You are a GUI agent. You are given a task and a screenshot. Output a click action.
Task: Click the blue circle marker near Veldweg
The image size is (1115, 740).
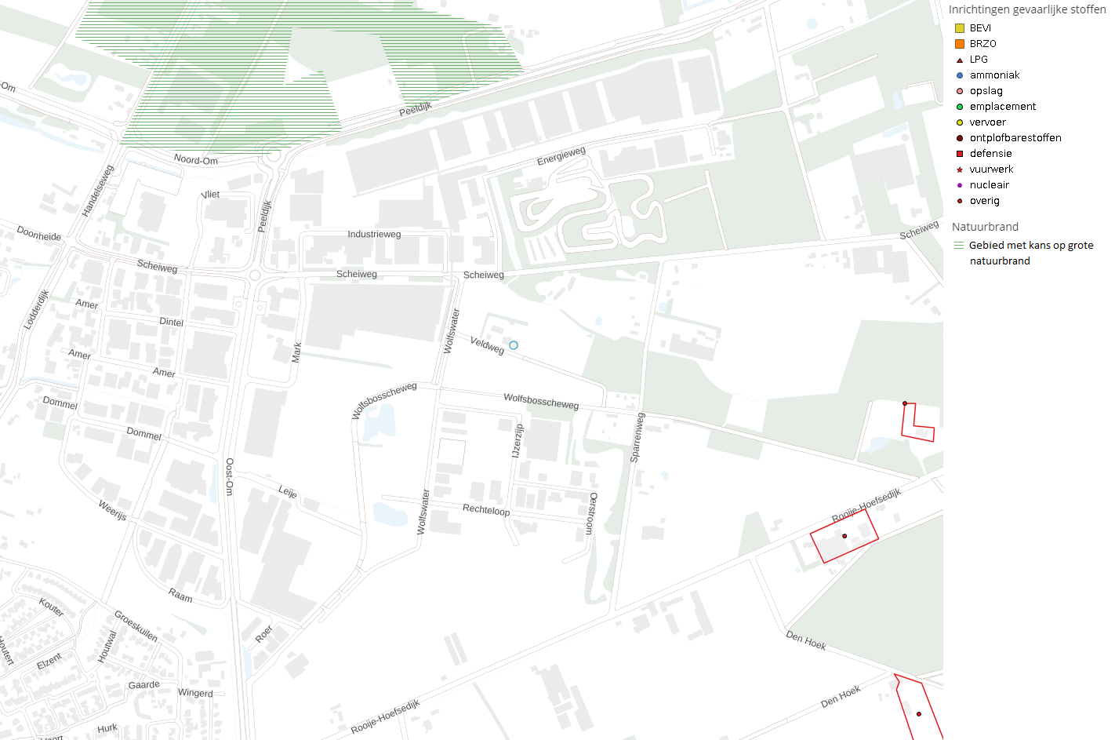point(514,345)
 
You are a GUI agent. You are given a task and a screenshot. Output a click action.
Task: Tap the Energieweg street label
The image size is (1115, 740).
point(561,155)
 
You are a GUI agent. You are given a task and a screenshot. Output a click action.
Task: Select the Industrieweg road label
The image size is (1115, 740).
point(374,234)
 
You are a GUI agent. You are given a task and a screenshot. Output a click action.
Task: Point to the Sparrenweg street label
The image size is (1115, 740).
point(637,437)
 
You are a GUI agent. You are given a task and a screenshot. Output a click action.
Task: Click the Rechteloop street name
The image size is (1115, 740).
point(486,510)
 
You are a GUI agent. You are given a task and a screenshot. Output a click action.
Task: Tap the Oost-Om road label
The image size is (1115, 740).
point(230,477)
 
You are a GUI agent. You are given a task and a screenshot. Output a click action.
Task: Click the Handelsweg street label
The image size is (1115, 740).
point(98,191)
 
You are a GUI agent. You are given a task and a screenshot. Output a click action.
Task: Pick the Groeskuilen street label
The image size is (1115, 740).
point(136,625)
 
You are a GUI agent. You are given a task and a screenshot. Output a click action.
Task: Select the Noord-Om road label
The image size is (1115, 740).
point(196,160)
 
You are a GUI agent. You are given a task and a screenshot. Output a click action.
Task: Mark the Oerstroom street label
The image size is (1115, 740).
point(592,513)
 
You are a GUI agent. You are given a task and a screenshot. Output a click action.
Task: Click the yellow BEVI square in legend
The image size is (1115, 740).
point(960,28)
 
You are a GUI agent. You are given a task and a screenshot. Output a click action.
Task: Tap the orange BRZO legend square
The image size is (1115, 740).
point(960,44)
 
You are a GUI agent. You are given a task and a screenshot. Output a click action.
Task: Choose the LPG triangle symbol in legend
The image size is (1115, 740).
point(960,60)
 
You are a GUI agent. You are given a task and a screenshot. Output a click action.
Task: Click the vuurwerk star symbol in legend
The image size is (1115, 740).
point(960,170)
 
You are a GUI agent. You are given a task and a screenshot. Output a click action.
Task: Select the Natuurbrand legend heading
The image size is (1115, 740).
point(985,227)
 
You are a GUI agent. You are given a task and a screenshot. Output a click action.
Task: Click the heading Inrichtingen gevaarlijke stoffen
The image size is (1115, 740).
point(1027,9)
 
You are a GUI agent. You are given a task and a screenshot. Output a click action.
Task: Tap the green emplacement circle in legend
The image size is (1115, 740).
point(960,107)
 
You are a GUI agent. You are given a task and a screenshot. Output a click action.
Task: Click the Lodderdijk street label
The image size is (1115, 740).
point(36,308)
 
